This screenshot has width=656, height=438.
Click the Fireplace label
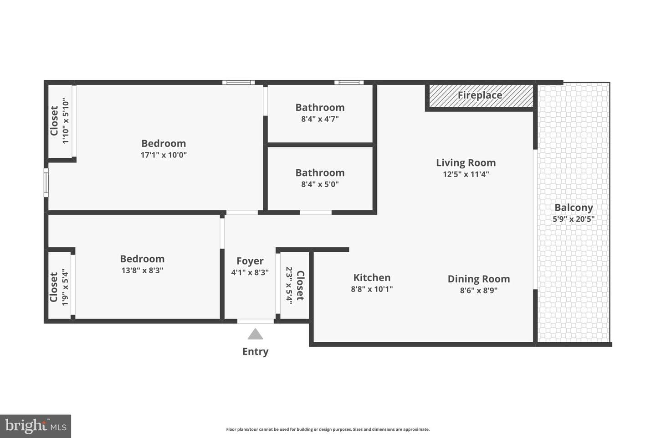(480, 95)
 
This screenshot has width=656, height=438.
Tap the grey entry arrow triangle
(255, 334)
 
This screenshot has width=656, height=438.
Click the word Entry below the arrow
(255, 351)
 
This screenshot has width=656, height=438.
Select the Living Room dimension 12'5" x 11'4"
(466, 174)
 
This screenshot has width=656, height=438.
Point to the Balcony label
(574, 208)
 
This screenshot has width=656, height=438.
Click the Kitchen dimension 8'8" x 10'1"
(372, 289)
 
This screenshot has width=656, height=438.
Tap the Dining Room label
(478, 279)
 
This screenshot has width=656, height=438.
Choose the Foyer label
(250, 261)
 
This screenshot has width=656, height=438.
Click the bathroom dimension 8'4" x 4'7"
(320, 119)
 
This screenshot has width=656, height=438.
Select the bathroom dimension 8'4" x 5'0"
(320, 184)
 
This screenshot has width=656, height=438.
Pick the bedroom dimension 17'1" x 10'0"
(164, 155)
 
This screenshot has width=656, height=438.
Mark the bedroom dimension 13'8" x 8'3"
(142, 270)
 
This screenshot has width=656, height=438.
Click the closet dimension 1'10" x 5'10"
(65, 121)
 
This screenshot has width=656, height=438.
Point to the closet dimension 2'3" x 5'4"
(289, 285)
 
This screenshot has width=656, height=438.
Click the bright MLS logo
(36, 426)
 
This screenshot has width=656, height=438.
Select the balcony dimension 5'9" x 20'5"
(574, 219)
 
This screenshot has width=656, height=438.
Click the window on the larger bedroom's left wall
(46, 182)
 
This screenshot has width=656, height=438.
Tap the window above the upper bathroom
(349, 83)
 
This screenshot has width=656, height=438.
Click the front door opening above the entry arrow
(256, 321)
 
